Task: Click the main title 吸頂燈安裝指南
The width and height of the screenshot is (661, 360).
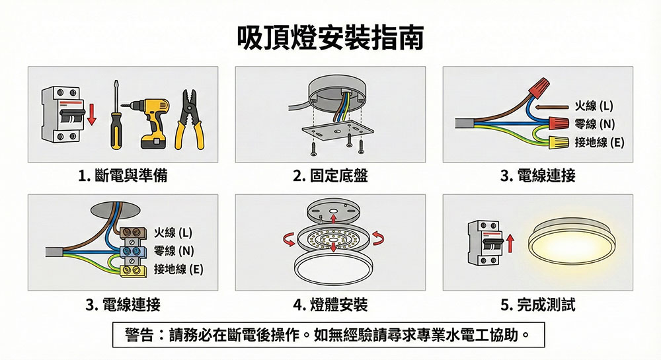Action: pos(330,38)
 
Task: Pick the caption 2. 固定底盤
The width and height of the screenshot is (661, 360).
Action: pos(330,176)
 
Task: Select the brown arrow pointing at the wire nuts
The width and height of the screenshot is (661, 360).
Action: pos(552,107)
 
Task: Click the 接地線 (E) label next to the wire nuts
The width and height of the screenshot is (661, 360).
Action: pos(599,142)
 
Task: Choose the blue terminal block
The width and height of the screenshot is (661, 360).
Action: pos(134,252)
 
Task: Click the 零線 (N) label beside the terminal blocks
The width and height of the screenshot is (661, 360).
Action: pos(174,251)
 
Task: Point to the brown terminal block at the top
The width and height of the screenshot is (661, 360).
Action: pos(134,233)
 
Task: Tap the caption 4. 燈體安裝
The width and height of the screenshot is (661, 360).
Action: pos(330,305)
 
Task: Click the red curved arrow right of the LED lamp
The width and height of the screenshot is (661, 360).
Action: pos(377,238)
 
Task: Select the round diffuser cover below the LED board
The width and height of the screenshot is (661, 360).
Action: pos(330,268)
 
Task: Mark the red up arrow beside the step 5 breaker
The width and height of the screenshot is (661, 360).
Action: pos(510,243)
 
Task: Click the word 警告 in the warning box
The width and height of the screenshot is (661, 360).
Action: pos(139,335)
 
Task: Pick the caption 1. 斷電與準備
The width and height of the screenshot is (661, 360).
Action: pos(123,176)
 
